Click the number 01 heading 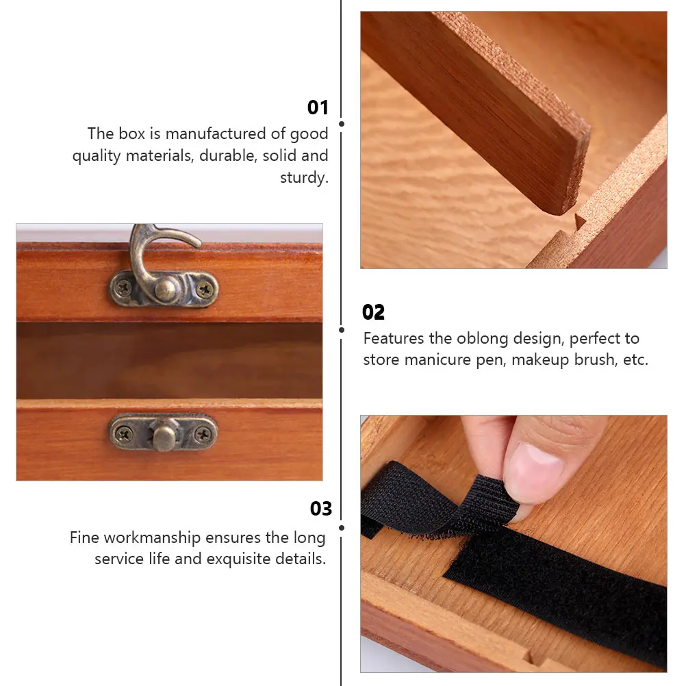[x=318, y=107]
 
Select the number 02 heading [x=373, y=313]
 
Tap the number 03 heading [x=320, y=509]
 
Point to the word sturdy [x=304, y=177]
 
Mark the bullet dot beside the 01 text [x=342, y=124]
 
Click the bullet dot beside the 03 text [x=342, y=525]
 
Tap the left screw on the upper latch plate [x=123, y=288]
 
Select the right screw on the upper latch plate [x=203, y=289]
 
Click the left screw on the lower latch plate [x=123, y=433]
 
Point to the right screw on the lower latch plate [x=203, y=433]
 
